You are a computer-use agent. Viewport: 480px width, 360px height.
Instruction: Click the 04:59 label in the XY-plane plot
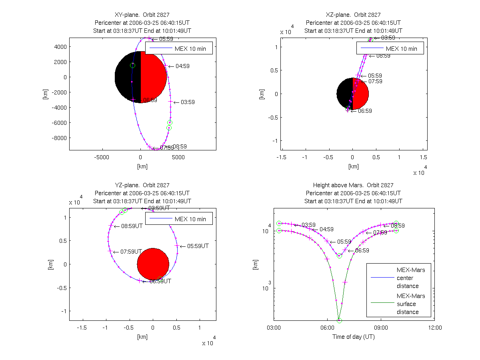tap(182, 66)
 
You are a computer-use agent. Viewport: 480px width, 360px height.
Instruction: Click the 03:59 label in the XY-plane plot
tap(188, 102)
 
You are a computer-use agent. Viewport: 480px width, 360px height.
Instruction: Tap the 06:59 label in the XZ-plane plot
tap(364, 111)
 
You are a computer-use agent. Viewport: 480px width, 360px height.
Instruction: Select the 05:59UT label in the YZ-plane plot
tap(195, 246)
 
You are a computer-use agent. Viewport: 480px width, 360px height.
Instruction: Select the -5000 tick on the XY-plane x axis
tap(102, 157)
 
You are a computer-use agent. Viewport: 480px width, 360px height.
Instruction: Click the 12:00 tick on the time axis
tap(435, 328)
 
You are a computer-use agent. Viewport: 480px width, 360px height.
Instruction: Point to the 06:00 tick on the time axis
tap(327, 328)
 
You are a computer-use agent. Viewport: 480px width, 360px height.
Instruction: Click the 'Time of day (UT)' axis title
tap(354, 336)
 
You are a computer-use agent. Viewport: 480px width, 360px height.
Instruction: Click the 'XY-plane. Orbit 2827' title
tap(142, 15)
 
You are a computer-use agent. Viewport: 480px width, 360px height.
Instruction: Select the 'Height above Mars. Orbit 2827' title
tap(353, 185)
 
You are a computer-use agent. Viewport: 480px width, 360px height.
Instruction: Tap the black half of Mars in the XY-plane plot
tap(128, 77)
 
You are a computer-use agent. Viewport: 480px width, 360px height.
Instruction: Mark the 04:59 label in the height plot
tap(326, 230)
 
